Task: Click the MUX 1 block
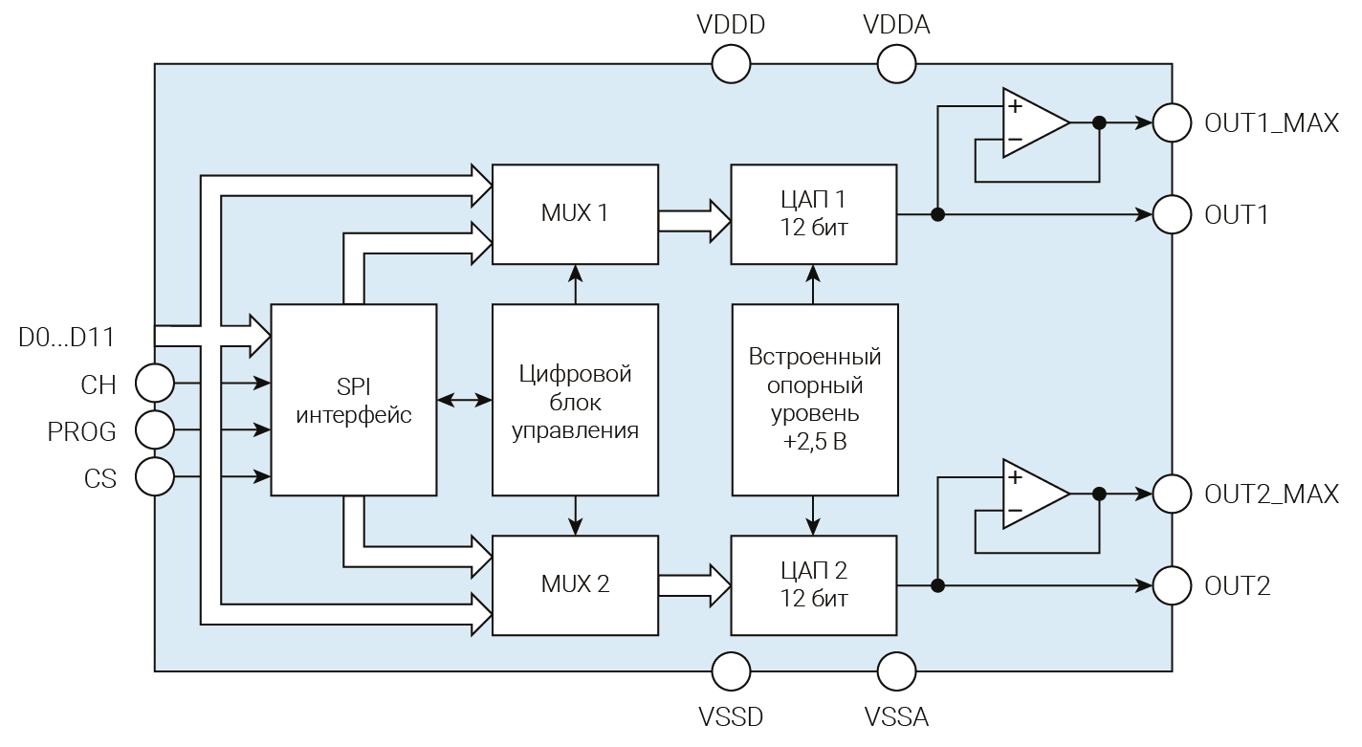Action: pyautogui.click(x=575, y=213)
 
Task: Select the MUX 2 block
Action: pyautogui.click(x=575, y=584)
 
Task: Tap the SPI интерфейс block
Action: pyautogui.click(x=354, y=400)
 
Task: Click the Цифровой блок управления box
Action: pyautogui.click(x=575, y=400)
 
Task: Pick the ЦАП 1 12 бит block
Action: pyautogui.click(x=814, y=213)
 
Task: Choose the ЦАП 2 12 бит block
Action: pyautogui.click(x=814, y=584)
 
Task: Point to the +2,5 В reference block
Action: pyautogui.click(x=814, y=400)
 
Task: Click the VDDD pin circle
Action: pyautogui.click(x=732, y=64)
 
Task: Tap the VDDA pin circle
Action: pyautogui.click(x=896, y=64)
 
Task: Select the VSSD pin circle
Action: pyautogui.click(x=732, y=671)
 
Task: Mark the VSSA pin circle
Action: pyautogui.click(x=896, y=671)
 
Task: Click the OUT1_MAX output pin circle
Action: pyautogui.click(x=1172, y=122)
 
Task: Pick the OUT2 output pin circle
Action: pyautogui.click(x=1172, y=584)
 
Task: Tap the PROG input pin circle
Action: pyautogui.click(x=155, y=429)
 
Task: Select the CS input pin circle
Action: pyautogui.click(x=155, y=475)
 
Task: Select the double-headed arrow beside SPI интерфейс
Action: pyautogui.click(x=464, y=400)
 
